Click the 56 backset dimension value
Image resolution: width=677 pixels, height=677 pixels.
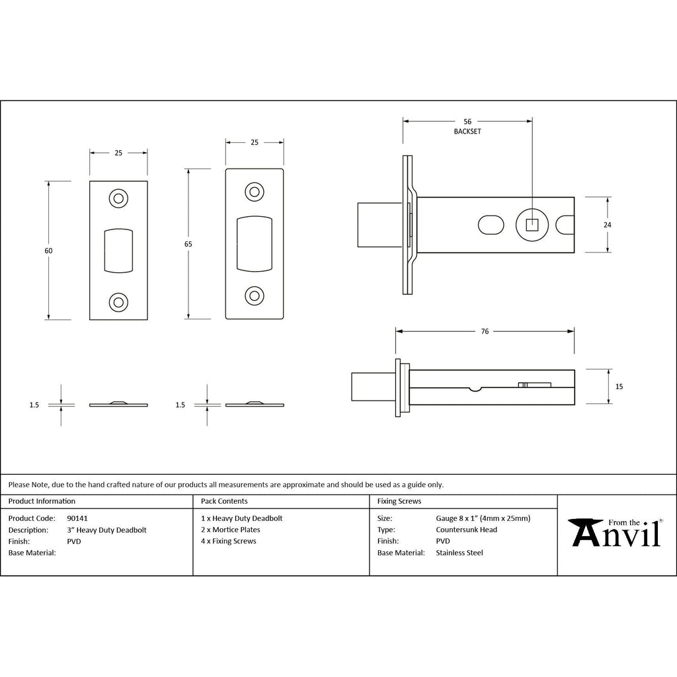click(467, 122)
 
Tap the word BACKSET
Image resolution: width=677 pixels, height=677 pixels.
click(467, 132)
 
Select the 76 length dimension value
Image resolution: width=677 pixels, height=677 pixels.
click(485, 331)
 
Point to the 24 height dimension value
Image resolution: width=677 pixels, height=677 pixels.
click(608, 225)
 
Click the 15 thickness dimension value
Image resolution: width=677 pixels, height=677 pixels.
click(619, 386)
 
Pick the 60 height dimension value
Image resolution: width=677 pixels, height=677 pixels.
click(49, 251)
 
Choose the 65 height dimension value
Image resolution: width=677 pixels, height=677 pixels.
click(188, 244)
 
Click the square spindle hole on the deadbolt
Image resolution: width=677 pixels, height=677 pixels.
click(531, 224)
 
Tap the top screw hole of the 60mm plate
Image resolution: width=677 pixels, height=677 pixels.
click(118, 198)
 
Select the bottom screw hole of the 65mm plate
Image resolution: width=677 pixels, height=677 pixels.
click(255, 296)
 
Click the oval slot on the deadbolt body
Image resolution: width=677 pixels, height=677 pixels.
click(490, 224)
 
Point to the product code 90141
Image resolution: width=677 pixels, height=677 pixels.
click(77, 518)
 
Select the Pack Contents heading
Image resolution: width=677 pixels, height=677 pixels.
click(224, 501)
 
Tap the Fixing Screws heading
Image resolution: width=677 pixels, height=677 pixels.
click(399, 501)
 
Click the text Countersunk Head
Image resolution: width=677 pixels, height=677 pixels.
click(466, 530)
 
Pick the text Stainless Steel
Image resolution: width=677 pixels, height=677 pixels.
click(459, 553)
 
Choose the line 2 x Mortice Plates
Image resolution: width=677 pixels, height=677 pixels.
click(231, 530)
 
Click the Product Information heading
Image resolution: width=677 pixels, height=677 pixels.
click(42, 501)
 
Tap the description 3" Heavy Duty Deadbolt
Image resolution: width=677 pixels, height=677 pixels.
click(107, 530)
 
